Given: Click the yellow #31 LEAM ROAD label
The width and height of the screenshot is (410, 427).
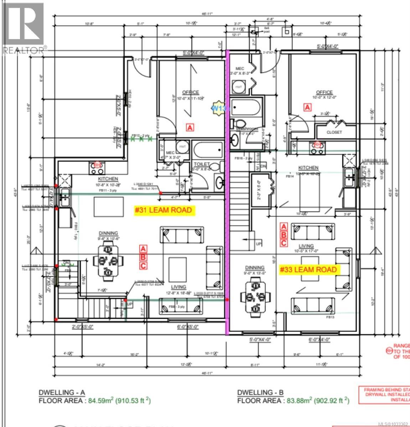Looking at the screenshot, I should coord(164,210).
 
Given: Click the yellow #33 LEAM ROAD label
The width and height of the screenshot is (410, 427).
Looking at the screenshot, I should coord(308,270).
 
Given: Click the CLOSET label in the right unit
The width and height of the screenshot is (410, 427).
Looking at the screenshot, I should coord(334,132).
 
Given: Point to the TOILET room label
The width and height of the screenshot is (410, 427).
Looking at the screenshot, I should coord(201,165).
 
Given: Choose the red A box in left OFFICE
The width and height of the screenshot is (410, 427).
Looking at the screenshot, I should coord(190,127).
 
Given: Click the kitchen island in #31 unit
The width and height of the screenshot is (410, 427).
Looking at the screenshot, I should coord(108,207).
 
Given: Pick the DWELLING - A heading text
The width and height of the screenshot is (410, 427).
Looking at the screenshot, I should coord(62,392).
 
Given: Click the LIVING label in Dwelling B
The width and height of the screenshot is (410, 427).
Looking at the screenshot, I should coord(306,246).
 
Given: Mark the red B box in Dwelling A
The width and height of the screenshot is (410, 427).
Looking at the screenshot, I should coord(143,257).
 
